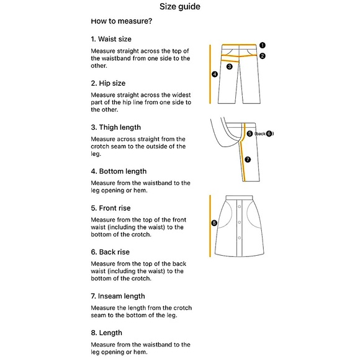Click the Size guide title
pos(180,6)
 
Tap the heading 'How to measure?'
pos(122,21)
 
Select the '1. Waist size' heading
pos(111,39)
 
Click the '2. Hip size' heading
pos(108,83)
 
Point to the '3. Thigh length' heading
pos(116,127)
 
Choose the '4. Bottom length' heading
pos(119,171)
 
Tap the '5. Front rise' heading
pos(110,208)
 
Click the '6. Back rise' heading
pos(110,252)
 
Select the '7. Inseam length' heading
pos(118,296)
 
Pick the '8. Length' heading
pos(107,333)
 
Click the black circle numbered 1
pos(263,45)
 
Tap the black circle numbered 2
pos(263,56)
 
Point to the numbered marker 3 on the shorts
pos(230,66)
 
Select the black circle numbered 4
pos(215,74)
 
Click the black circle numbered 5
pos(250,133)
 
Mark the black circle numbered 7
pos(248,160)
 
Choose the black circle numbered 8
pos(214,223)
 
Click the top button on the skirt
pos(239,207)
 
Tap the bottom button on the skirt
pos(239,238)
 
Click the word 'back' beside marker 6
pos(261,133)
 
